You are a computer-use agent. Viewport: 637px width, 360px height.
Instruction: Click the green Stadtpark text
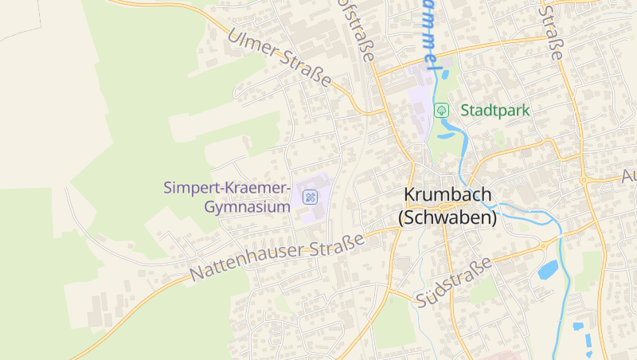[494, 110]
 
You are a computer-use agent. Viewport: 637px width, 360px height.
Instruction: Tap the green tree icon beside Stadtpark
[440, 110]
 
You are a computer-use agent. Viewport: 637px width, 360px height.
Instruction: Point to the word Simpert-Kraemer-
[227, 188]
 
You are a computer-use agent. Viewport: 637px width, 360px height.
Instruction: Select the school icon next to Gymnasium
[310, 196]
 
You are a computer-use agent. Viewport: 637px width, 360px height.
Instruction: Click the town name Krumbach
[447, 194]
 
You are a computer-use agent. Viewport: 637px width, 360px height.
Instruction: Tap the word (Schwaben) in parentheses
[447, 217]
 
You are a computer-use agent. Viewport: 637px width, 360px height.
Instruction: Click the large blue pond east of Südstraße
[548, 271]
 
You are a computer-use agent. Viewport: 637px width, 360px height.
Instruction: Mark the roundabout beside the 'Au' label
[584, 179]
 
